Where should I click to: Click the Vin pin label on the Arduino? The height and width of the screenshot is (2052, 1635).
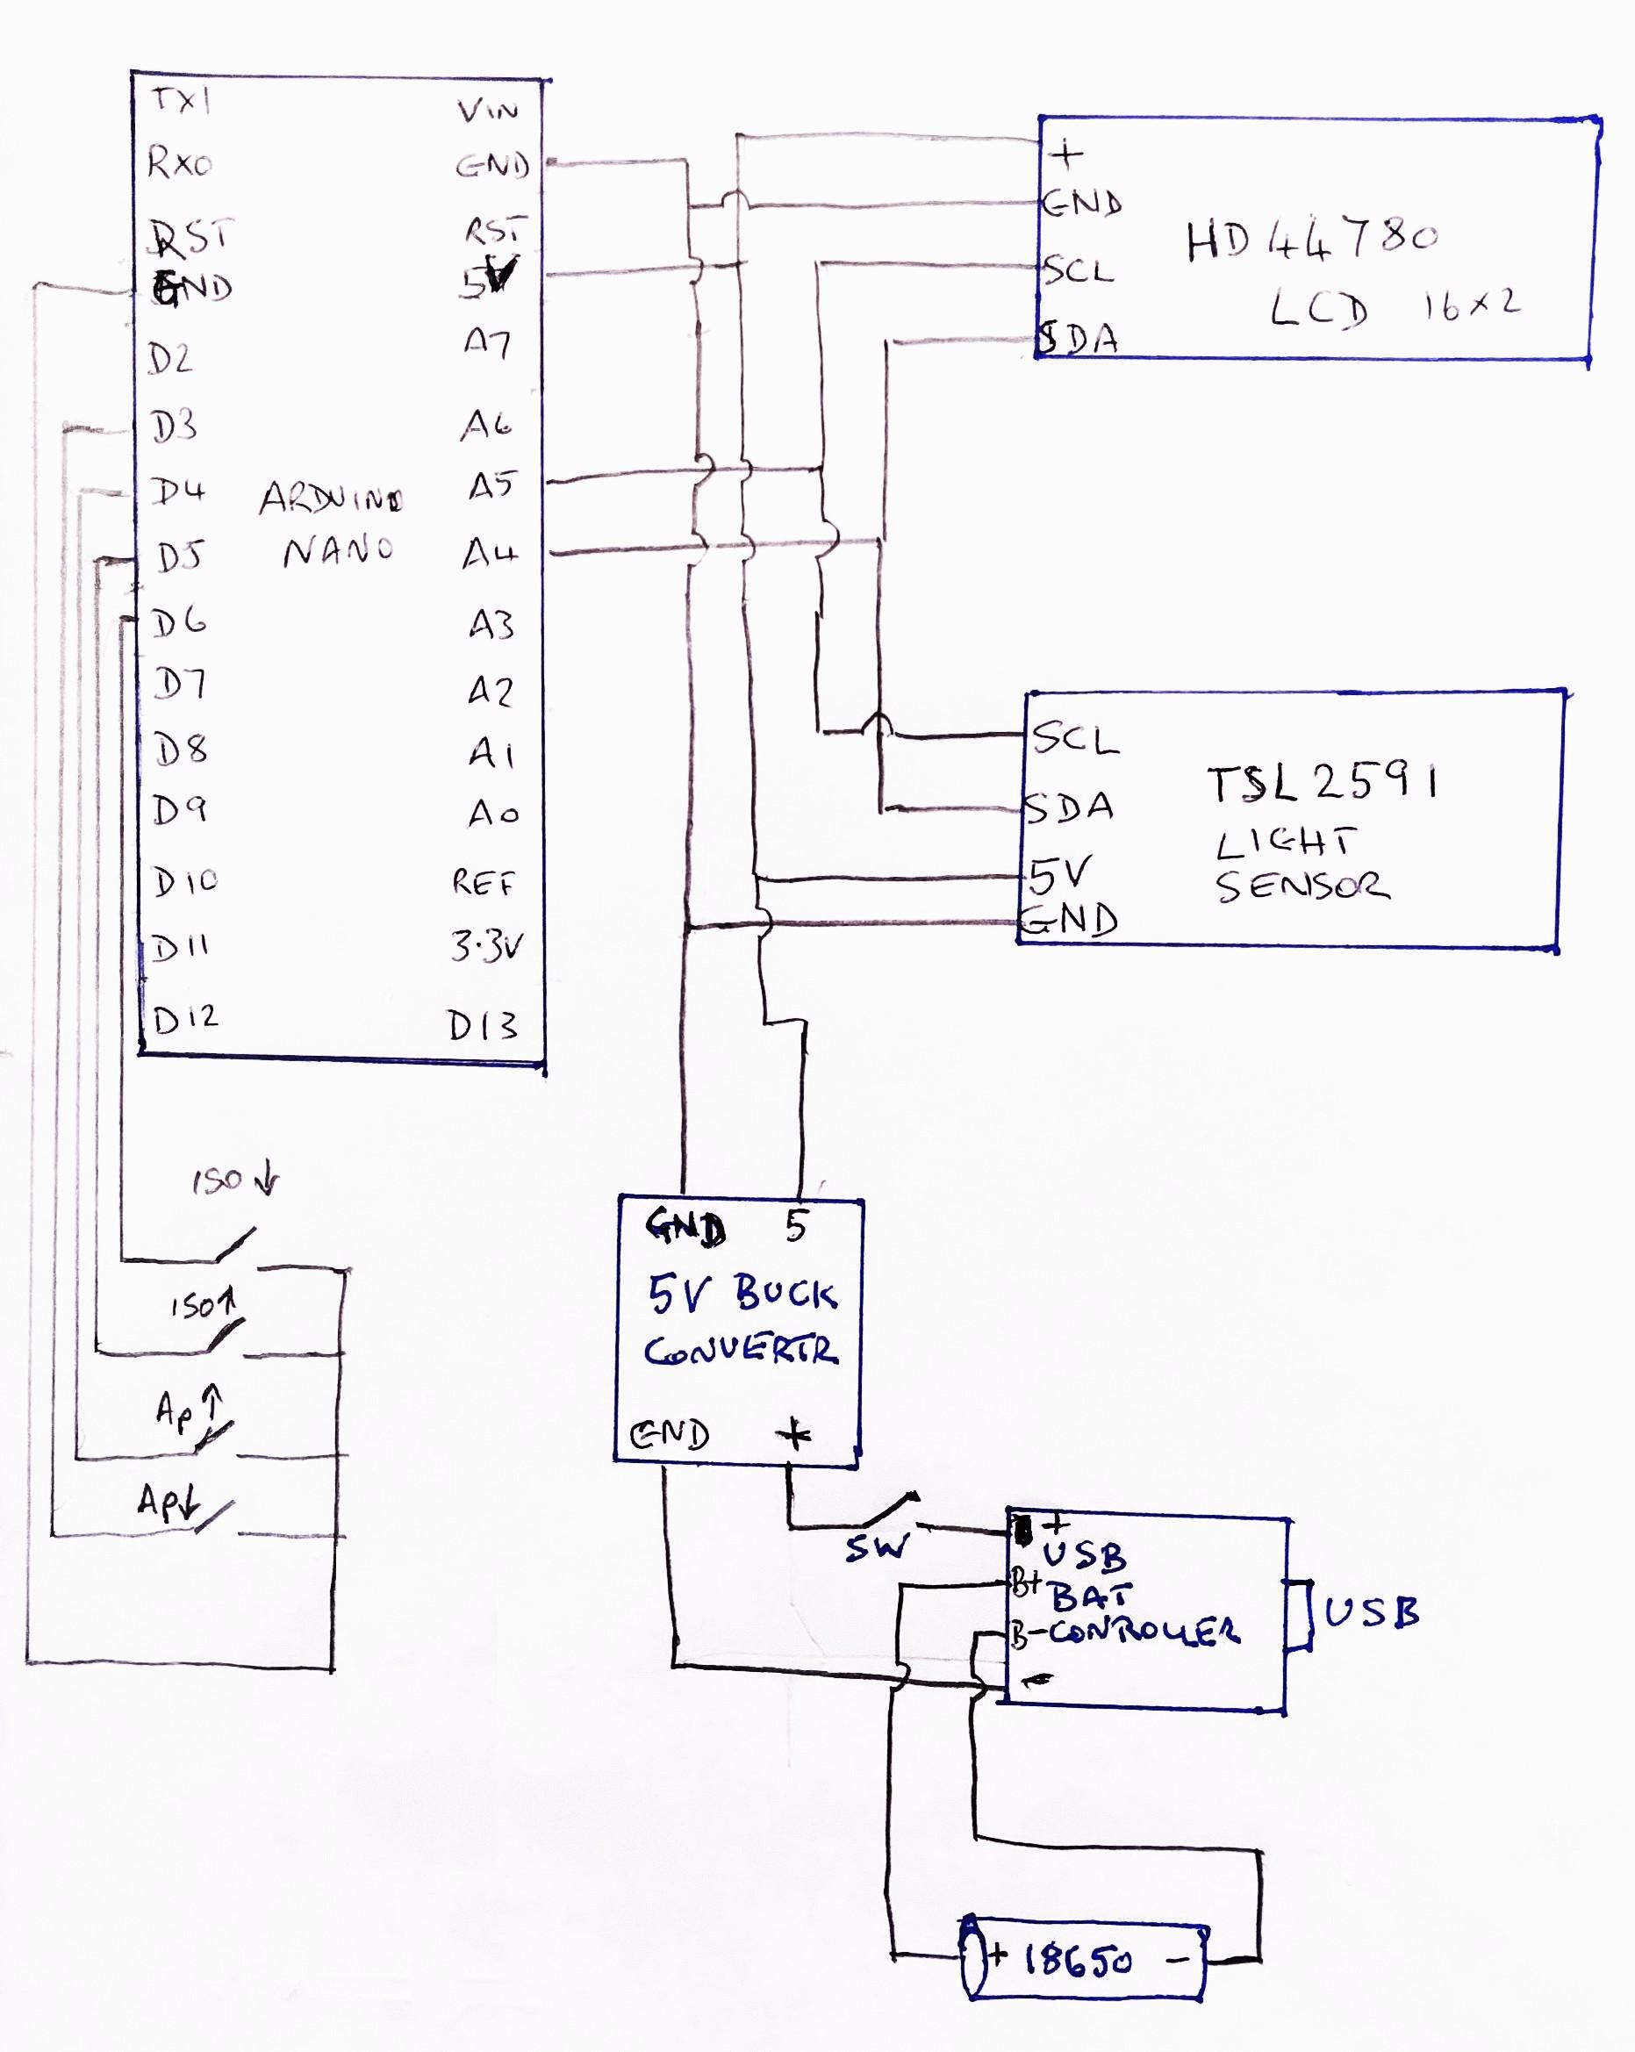click(487, 111)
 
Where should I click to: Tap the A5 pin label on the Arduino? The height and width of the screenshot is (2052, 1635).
click(491, 486)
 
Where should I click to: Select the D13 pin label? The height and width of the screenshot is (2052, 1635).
click(483, 1026)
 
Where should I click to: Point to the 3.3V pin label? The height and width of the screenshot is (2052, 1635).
click(486, 947)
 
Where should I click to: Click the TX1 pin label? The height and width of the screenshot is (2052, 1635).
click(182, 99)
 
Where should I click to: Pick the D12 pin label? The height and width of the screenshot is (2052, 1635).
click(185, 1019)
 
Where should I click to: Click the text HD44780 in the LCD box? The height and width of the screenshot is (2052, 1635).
click(1310, 240)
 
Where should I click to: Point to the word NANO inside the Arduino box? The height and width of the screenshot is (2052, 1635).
click(338, 550)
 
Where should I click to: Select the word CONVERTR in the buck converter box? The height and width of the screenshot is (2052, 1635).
click(742, 1352)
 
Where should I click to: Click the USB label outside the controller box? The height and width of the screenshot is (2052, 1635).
click(1372, 1612)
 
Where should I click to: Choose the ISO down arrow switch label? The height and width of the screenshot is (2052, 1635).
click(234, 1181)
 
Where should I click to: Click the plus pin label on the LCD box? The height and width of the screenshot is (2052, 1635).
click(1067, 153)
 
